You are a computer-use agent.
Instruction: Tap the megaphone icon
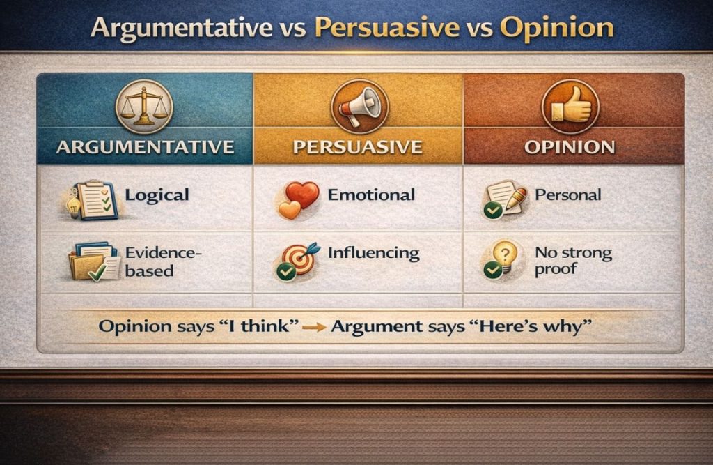tap(358, 106)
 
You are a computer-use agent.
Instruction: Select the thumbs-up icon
tap(570, 106)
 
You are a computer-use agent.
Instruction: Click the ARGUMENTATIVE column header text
tap(145, 148)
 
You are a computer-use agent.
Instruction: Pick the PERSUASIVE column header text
tap(358, 148)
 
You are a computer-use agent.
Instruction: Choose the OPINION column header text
tap(570, 148)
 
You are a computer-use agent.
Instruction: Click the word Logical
tap(157, 195)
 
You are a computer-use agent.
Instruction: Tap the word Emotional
tap(371, 195)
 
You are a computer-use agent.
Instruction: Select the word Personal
tap(567, 195)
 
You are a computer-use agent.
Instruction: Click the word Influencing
tap(373, 253)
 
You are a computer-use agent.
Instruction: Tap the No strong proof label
tap(572, 261)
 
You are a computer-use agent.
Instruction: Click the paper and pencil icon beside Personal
tap(503, 198)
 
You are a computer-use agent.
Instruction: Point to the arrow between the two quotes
tap(315, 327)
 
